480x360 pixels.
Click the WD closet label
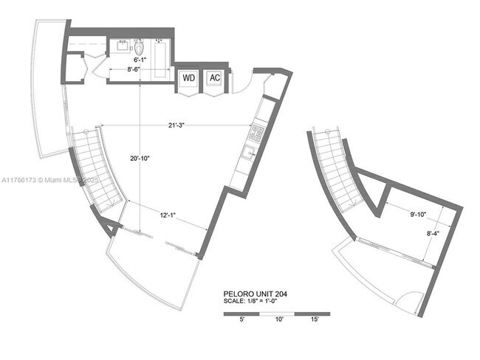[188, 78]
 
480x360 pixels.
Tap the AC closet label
[214, 78]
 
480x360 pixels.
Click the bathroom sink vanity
[120, 45]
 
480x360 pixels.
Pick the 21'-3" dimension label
[175, 125]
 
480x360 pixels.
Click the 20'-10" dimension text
[140, 158]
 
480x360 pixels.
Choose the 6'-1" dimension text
[140, 58]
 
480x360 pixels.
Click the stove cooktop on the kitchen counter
[257, 133]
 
